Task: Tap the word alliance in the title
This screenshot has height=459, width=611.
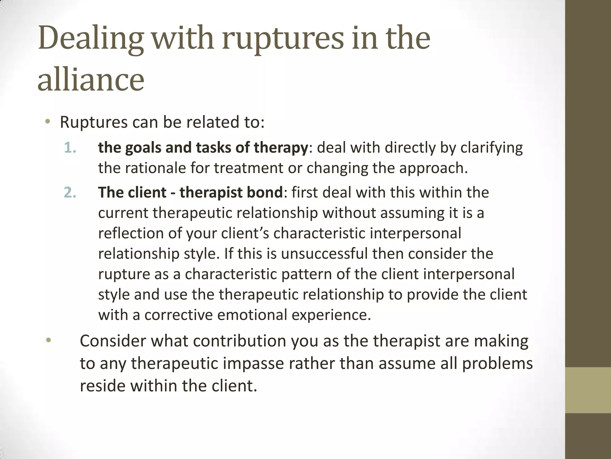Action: (91, 79)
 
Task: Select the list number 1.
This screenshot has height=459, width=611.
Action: (70, 148)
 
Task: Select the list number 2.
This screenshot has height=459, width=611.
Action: (70, 192)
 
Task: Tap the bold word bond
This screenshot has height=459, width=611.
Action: (266, 192)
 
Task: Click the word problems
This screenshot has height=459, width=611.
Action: (497, 363)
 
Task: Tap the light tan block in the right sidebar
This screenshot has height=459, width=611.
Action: (588, 390)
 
